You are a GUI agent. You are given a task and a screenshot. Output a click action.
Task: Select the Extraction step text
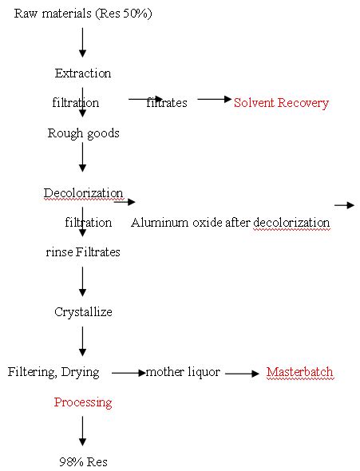(82, 73)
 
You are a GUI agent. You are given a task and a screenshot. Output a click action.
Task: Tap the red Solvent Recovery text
(281, 103)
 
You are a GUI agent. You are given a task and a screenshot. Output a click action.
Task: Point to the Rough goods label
(83, 133)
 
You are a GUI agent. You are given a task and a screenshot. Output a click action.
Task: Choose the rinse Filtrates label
(82, 252)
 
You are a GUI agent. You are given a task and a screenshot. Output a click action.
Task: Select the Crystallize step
(83, 312)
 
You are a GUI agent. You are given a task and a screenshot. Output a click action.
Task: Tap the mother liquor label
(183, 373)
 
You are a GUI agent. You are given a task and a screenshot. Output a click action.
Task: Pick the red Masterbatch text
(299, 373)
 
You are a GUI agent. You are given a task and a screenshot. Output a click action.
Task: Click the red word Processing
(82, 402)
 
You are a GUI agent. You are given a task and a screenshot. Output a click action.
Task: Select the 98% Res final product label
(83, 462)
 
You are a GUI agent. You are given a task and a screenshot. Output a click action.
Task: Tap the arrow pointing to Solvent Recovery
(214, 99)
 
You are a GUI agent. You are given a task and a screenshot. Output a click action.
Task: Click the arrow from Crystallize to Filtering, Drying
(82, 342)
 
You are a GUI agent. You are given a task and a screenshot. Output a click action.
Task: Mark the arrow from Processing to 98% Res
(82, 432)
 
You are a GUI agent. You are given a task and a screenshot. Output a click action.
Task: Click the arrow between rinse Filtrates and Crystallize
(82, 282)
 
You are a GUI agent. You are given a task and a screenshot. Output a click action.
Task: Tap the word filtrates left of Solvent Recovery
(167, 103)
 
